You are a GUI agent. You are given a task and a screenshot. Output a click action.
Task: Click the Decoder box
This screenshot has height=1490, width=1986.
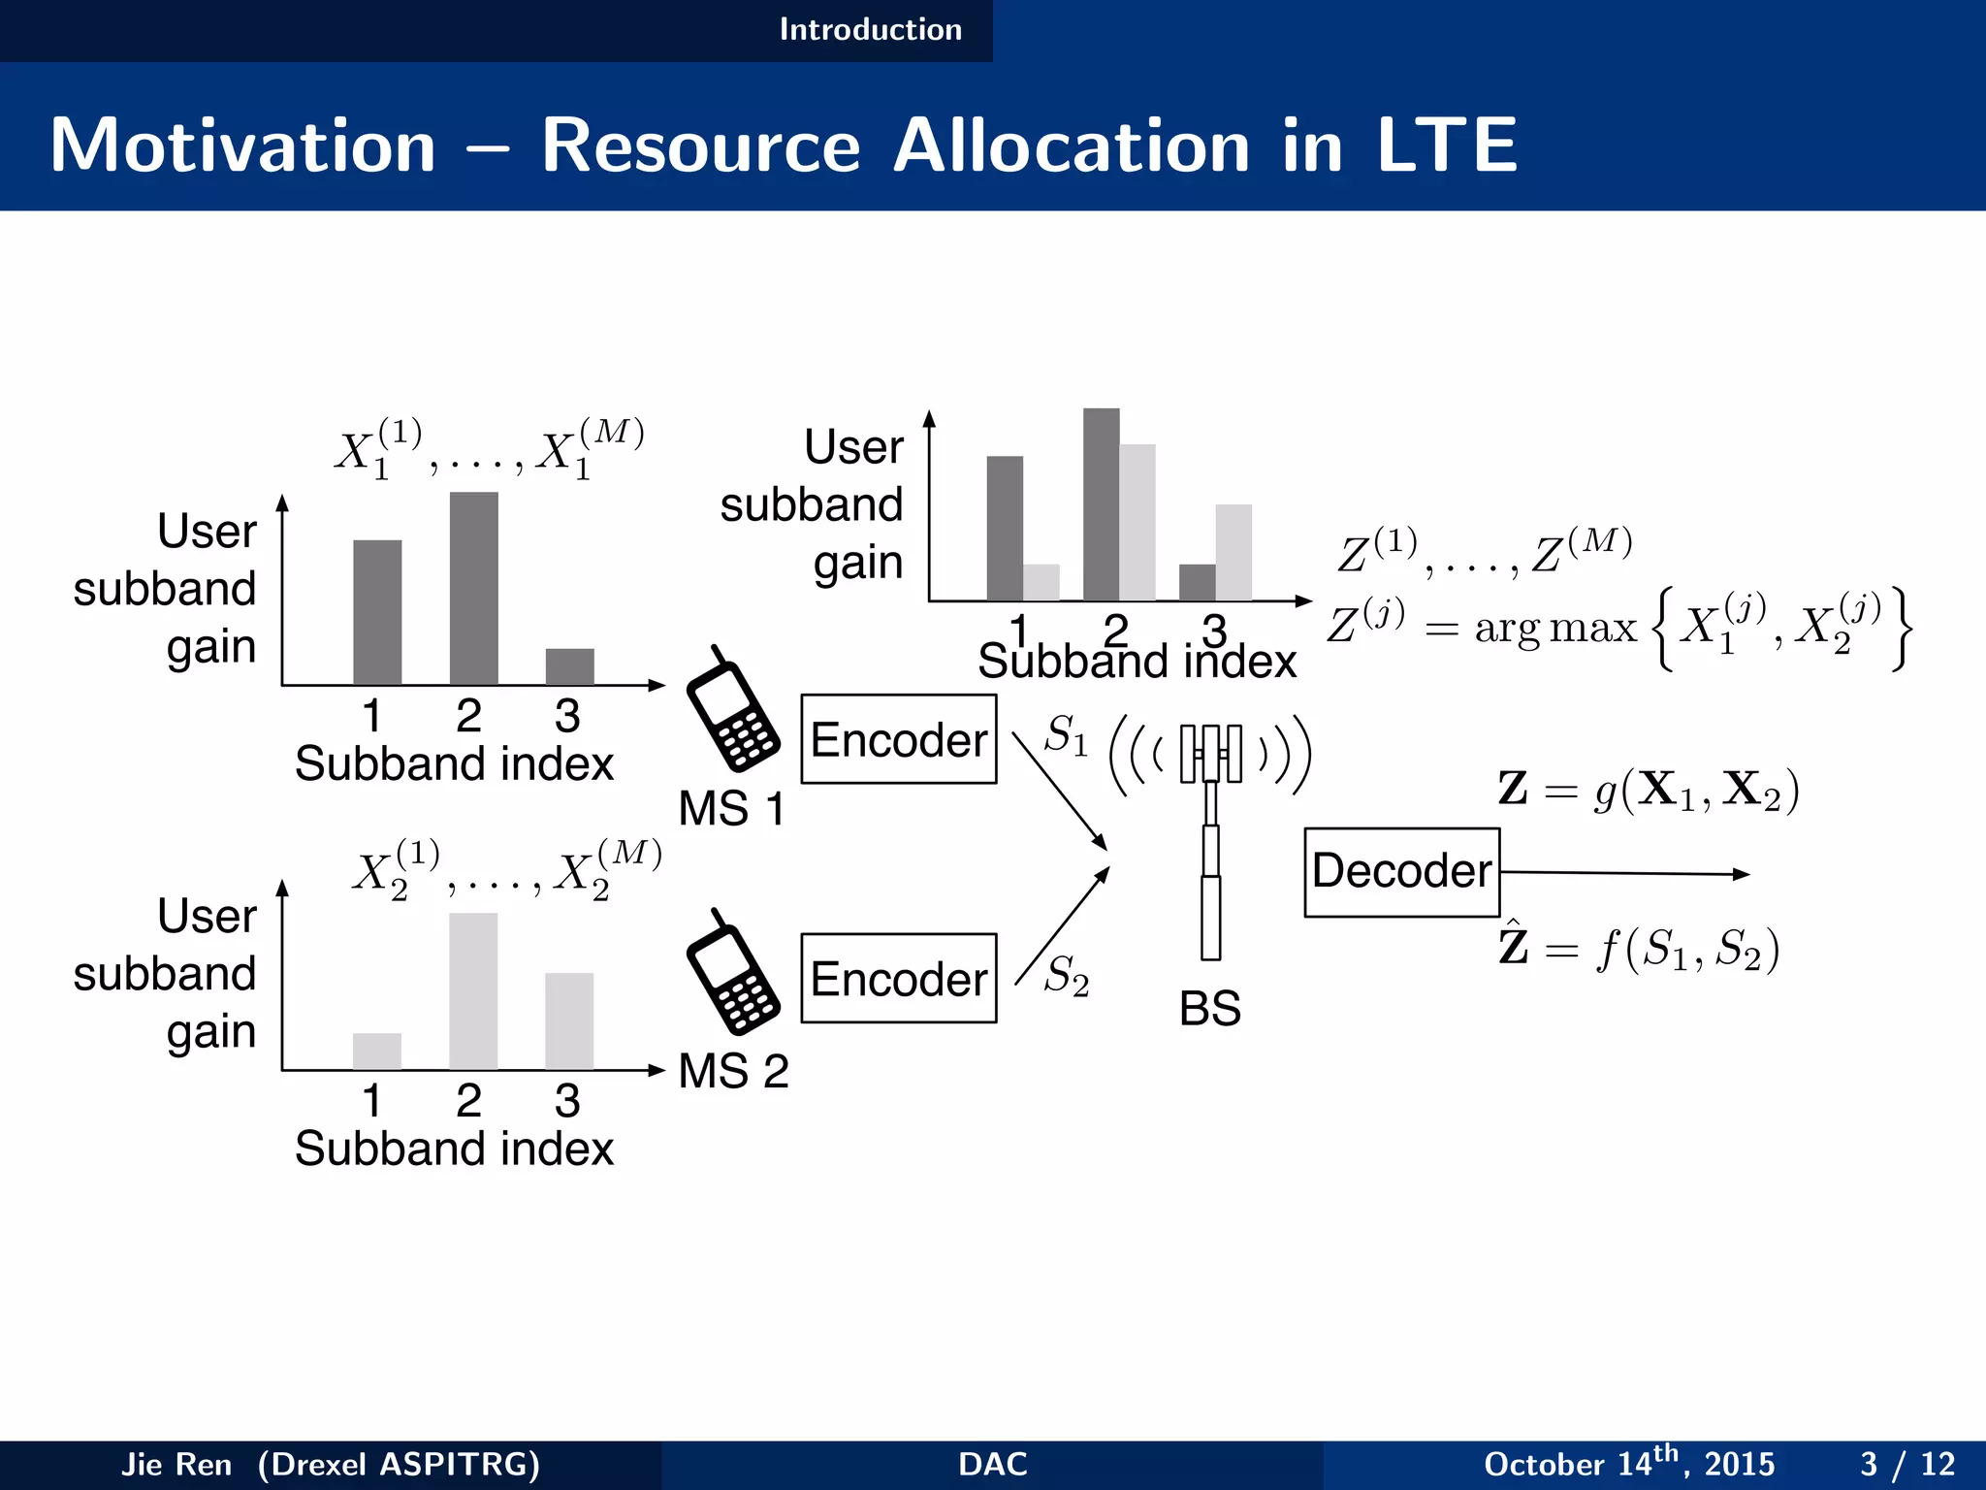(x=1401, y=871)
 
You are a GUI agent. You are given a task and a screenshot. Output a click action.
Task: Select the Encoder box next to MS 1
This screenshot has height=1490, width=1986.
(x=898, y=739)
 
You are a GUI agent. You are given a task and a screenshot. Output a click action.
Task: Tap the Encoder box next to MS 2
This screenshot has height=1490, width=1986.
(x=898, y=978)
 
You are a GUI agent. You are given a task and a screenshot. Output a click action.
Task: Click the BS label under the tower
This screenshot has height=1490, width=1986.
(x=1209, y=1009)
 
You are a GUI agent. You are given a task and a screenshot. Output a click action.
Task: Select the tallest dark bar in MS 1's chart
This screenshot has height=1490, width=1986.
(x=473, y=588)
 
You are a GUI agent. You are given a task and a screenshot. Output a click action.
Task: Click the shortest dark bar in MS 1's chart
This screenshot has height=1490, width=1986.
(x=569, y=666)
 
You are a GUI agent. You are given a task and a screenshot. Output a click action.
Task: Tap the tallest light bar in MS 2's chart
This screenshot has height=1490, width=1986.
(x=473, y=990)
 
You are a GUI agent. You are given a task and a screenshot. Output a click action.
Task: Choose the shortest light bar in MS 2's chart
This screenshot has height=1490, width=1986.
(x=377, y=1051)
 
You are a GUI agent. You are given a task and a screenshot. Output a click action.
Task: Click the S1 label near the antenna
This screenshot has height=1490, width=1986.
(x=1066, y=735)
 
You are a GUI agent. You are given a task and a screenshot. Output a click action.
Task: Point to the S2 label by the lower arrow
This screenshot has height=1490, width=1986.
(x=1066, y=975)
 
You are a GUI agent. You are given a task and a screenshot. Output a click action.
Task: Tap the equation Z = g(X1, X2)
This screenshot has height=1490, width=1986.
(x=1648, y=790)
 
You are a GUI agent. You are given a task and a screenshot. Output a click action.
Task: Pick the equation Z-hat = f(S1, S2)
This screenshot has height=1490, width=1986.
(x=1639, y=948)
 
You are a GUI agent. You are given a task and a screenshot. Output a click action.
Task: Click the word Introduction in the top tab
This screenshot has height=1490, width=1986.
(x=870, y=29)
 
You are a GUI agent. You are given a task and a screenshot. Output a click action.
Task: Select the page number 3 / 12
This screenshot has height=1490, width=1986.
(x=1906, y=1463)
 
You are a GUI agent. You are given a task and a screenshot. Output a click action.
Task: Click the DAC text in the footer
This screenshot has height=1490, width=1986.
(x=992, y=1464)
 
